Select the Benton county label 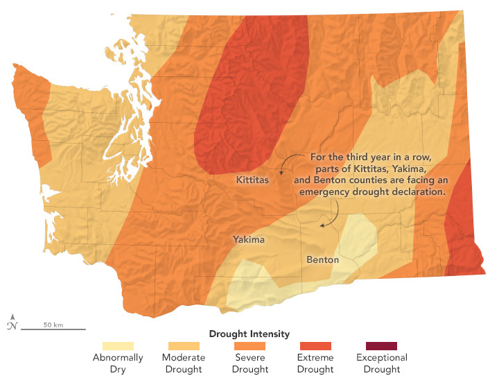tap(322, 260)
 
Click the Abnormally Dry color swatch tap(119, 345)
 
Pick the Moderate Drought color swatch tap(184, 345)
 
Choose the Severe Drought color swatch tap(249, 345)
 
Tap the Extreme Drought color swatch tap(315, 345)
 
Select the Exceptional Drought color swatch tap(381, 345)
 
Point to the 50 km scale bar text tap(53, 324)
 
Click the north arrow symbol tap(12, 322)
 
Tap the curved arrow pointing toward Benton tap(331, 214)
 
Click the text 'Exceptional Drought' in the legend tap(381, 363)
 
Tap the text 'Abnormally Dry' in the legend tap(119, 363)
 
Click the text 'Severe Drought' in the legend tap(249, 363)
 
